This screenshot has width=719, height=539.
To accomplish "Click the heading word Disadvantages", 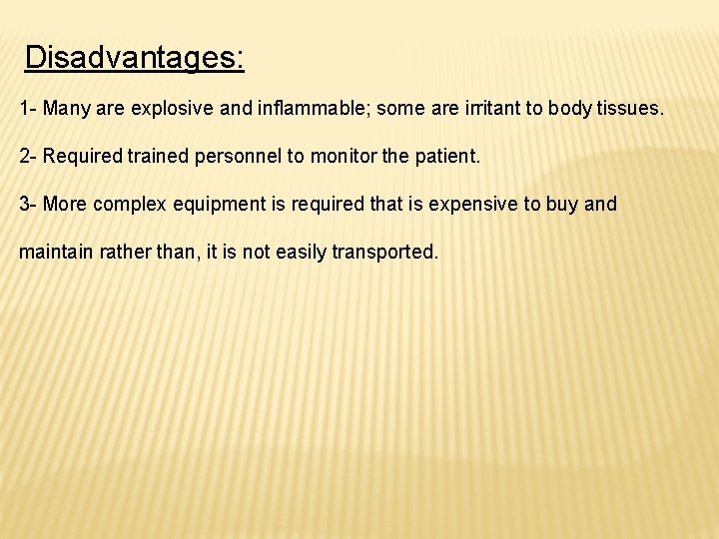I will (x=134, y=58).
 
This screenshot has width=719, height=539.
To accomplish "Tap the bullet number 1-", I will (x=28, y=107).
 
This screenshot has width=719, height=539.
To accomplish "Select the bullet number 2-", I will (x=28, y=156).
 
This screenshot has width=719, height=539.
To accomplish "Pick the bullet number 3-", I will (x=28, y=205).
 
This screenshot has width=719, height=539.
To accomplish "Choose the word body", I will (x=570, y=107).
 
